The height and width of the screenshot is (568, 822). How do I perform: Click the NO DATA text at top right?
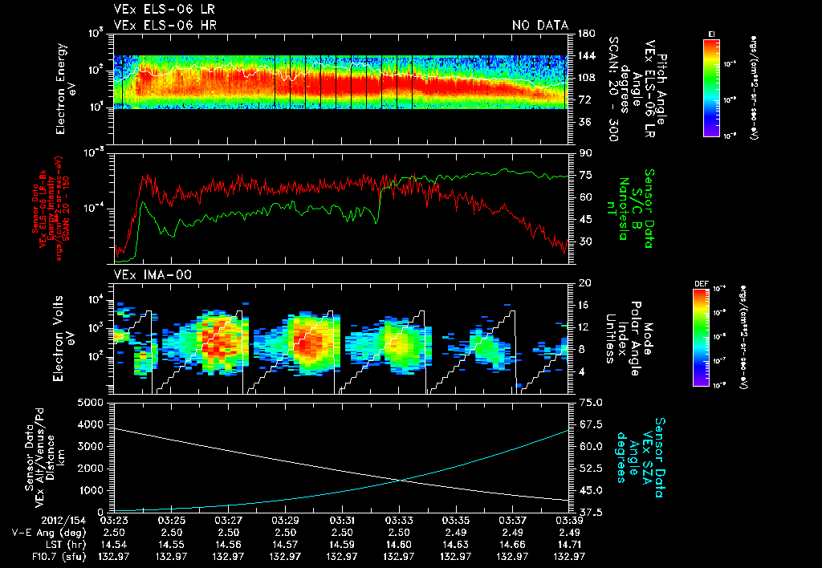539,25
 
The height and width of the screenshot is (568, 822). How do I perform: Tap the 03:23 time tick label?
114,520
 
